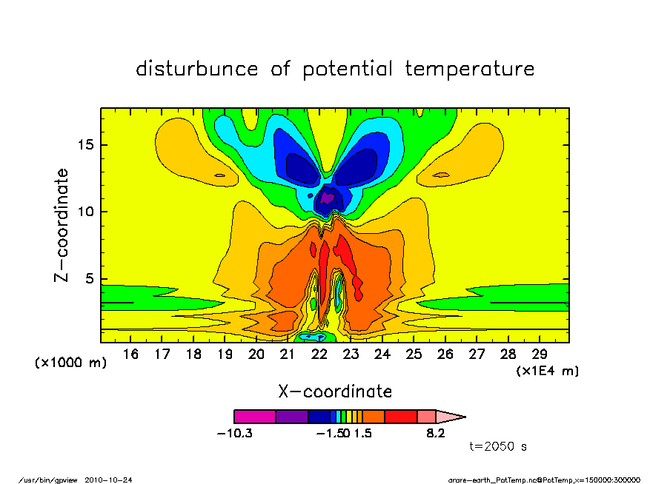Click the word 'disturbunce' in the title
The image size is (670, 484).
coord(197,70)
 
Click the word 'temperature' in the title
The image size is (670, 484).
coord(470,70)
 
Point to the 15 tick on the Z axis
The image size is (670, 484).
coord(88,145)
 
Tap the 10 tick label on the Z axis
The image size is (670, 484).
coord(88,212)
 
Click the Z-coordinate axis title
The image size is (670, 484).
coord(62,225)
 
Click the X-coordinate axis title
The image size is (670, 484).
coord(335,391)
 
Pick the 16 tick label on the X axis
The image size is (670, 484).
coord(130,354)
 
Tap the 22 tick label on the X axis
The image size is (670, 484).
coord(319,354)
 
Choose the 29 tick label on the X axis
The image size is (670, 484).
coord(540,354)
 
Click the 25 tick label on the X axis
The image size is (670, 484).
coord(414,354)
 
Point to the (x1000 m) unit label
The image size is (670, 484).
coord(71,363)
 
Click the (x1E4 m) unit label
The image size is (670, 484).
coord(548,371)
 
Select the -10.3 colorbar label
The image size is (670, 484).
coord(234,433)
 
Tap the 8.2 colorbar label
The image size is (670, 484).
coord(436,433)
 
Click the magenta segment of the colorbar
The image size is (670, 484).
coord(254,417)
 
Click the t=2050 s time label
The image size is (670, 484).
coord(498,447)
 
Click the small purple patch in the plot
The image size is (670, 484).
coord(327,198)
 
